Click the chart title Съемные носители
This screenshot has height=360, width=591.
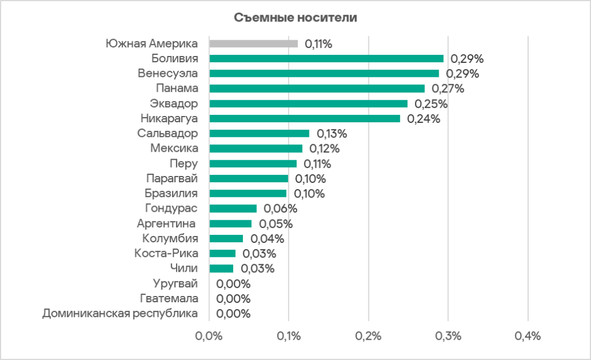(x=295, y=18)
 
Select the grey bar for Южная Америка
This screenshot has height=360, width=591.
(x=253, y=43)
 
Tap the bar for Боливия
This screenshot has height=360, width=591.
(x=326, y=58)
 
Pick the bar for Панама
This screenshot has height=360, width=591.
(x=317, y=88)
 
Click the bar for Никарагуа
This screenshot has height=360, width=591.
(x=305, y=118)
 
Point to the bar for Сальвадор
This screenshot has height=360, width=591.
(x=259, y=133)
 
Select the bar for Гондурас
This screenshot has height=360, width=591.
(x=233, y=208)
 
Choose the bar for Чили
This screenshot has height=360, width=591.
(x=221, y=268)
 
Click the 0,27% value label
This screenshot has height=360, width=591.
(x=448, y=89)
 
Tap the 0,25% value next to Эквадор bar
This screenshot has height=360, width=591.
(x=431, y=104)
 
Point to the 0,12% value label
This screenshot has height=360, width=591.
(x=324, y=149)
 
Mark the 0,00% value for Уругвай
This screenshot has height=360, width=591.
(x=233, y=284)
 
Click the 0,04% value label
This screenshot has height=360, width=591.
(x=267, y=239)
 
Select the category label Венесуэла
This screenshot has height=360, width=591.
(x=167, y=73)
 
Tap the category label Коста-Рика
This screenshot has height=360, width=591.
(x=166, y=253)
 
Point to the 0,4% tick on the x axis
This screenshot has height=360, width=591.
(x=528, y=337)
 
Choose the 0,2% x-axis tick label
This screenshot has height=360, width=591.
(x=369, y=337)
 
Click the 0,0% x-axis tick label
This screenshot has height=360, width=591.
(x=209, y=337)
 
